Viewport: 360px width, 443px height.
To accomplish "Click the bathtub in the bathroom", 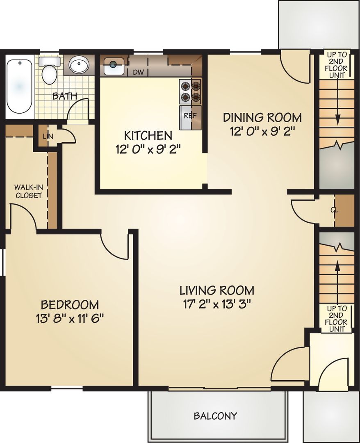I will (x=19, y=86).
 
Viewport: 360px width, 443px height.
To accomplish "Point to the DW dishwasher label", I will (x=138, y=73).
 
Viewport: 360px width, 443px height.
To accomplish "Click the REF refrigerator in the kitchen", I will (x=190, y=116).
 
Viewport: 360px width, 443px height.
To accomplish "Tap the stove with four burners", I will (x=190, y=91).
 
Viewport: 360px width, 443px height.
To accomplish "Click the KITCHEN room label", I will (x=148, y=135).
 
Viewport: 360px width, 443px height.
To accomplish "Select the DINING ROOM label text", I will (x=262, y=118).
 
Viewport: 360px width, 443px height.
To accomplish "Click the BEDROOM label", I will (x=70, y=305).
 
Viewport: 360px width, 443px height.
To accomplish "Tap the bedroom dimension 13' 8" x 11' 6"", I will (x=70, y=318).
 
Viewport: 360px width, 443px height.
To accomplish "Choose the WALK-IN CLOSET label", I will (x=28, y=191).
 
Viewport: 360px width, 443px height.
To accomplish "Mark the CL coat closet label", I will (x=334, y=210).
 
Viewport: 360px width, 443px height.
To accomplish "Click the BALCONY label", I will (x=215, y=416).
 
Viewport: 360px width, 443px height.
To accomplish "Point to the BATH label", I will (x=64, y=96).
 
